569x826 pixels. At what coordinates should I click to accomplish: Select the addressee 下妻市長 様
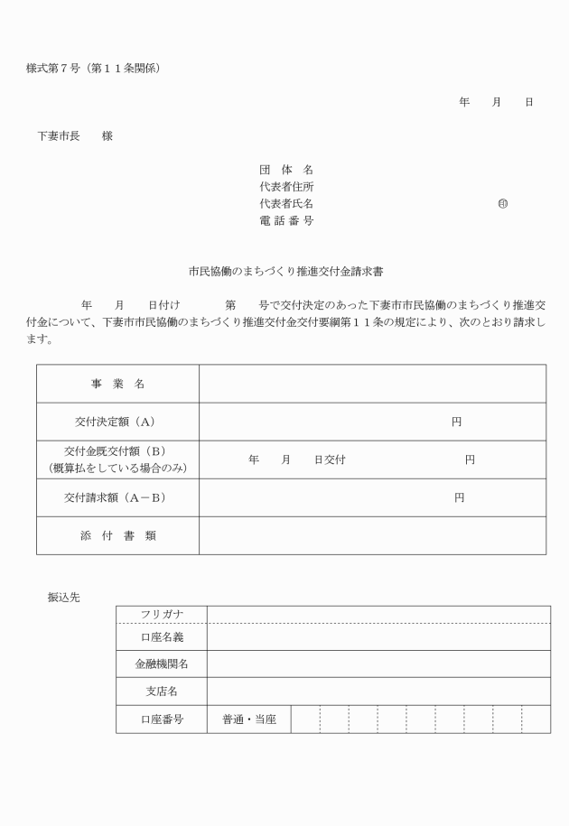[75, 135]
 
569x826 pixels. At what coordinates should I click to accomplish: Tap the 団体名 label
[286, 169]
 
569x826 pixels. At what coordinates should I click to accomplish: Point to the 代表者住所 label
[286, 186]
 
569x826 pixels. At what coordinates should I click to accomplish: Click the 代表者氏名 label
[286, 203]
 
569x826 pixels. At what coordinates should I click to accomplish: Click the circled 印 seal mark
[502, 203]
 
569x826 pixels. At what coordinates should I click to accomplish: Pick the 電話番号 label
[286, 220]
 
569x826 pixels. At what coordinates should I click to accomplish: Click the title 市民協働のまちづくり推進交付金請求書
[287, 270]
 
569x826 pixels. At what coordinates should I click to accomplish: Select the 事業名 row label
[117, 384]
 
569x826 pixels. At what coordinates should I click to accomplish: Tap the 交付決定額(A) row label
[117, 422]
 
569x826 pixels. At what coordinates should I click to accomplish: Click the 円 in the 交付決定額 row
[457, 422]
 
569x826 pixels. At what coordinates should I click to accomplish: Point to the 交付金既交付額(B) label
[117, 451]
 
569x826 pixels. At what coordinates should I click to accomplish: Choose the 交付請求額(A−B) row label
[117, 497]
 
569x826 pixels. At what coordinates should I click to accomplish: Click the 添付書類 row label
[117, 535]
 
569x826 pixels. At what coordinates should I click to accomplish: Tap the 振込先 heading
[64, 597]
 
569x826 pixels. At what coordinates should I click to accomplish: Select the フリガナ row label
[162, 615]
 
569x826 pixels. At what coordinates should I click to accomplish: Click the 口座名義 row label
[162, 637]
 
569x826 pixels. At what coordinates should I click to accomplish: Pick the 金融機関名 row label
[162, 664]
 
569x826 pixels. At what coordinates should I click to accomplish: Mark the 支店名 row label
[162, 691]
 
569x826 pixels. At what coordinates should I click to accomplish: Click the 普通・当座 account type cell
[249, 719]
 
